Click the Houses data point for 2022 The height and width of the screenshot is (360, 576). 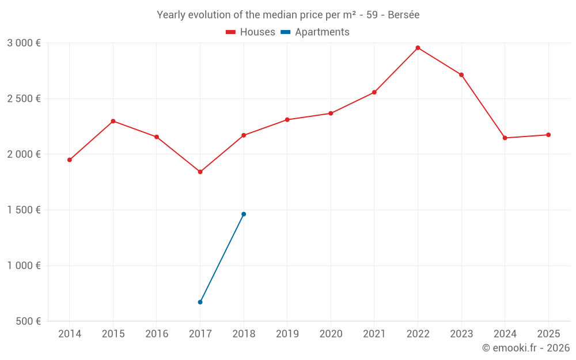point(418,48)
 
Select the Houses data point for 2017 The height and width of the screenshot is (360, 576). point(200,172)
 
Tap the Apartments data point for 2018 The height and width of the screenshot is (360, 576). point(244,214)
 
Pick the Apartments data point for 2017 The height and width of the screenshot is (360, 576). point(200,302)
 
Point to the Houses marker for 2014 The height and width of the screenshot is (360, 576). point(70,160)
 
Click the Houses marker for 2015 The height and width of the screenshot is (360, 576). point(113,121)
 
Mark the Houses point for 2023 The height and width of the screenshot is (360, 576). point(461,75)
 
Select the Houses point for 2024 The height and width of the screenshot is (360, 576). point(505,138)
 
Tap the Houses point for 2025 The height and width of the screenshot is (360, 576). point(548,135)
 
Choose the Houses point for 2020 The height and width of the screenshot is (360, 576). point(331,113)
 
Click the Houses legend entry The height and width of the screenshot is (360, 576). point(251,32)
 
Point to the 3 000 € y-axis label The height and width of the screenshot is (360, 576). point(24,43)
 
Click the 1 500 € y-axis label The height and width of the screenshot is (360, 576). point(24,210)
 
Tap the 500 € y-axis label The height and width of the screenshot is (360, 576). point(27,321)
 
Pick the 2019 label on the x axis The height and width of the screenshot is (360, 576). point(287,334)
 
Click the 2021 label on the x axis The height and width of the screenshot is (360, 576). point(374,334)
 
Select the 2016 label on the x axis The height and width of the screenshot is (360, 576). point(157,334)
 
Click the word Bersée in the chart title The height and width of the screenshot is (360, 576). point(403,15)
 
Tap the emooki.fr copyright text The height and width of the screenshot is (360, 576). point(525,348)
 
